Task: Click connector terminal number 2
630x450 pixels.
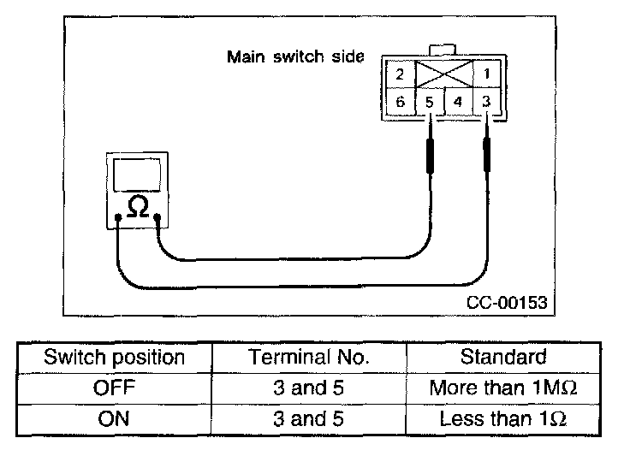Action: (x=399, y=74)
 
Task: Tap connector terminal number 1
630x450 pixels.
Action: (x=487, y=74)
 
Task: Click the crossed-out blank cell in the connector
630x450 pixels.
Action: (x=443, y=74)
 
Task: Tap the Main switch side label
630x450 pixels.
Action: (x=294, y=57)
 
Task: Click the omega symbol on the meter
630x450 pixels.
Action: (x=137, y=206)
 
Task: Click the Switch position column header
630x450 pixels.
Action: (x=114, y=357)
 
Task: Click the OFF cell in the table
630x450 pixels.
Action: (x=114, y=388)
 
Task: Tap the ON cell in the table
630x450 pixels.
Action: (x=114, y=419)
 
